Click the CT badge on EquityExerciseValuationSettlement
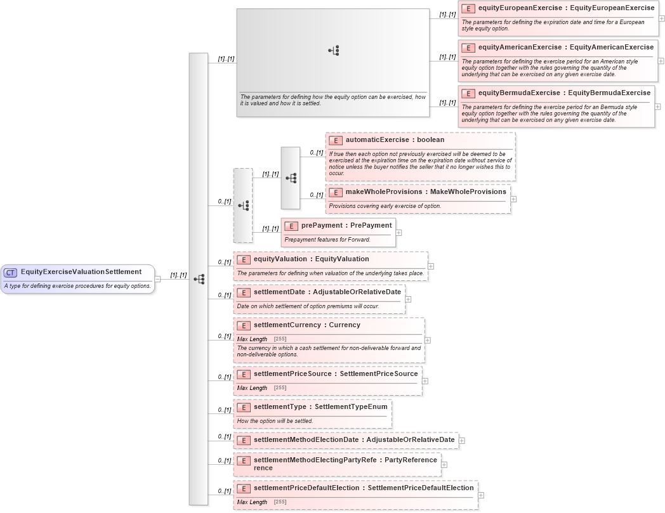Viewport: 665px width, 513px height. point(10,273)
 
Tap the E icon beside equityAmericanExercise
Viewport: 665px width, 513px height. point(468,48)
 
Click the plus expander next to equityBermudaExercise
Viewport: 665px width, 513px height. point(658,106)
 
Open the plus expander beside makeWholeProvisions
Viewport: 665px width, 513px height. point(513,199)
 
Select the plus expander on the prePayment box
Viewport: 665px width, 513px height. point(398,233)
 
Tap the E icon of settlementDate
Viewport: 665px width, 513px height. point(243,292)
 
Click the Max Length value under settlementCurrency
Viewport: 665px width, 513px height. point(280,339)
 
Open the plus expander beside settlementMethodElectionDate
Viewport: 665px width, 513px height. point(461,440)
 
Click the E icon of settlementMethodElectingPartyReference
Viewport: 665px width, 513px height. point(243,460)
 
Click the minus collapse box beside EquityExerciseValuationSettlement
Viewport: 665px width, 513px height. point(157,279)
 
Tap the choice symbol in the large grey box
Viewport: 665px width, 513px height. point(334,51)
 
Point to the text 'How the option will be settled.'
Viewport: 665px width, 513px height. point(275,421)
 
